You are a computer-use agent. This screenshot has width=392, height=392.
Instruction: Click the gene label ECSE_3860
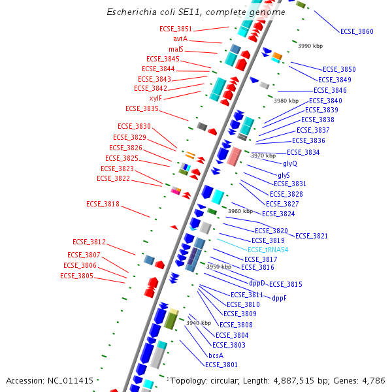point(357,31)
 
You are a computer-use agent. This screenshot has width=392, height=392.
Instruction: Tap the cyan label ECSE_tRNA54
point(268,250)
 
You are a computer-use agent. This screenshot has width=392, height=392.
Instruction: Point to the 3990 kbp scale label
point(310,46)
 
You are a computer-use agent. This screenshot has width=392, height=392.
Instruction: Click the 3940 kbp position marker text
point(199,323)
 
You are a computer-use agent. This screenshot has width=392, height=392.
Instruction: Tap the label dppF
point(279,298)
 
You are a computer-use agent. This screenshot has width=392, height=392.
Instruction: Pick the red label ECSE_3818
point(103,204)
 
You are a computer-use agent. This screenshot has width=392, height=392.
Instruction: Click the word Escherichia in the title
point(133,12)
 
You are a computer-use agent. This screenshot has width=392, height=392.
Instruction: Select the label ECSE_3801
point(221,365)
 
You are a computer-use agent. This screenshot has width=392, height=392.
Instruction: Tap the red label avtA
point(180,39)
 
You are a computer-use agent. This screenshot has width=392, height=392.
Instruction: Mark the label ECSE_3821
point(312,236)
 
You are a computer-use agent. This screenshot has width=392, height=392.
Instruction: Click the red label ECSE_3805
point(76,276)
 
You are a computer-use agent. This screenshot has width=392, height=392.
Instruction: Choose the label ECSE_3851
point(176,29)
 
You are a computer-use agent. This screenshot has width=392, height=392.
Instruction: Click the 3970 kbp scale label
point(263,155)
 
